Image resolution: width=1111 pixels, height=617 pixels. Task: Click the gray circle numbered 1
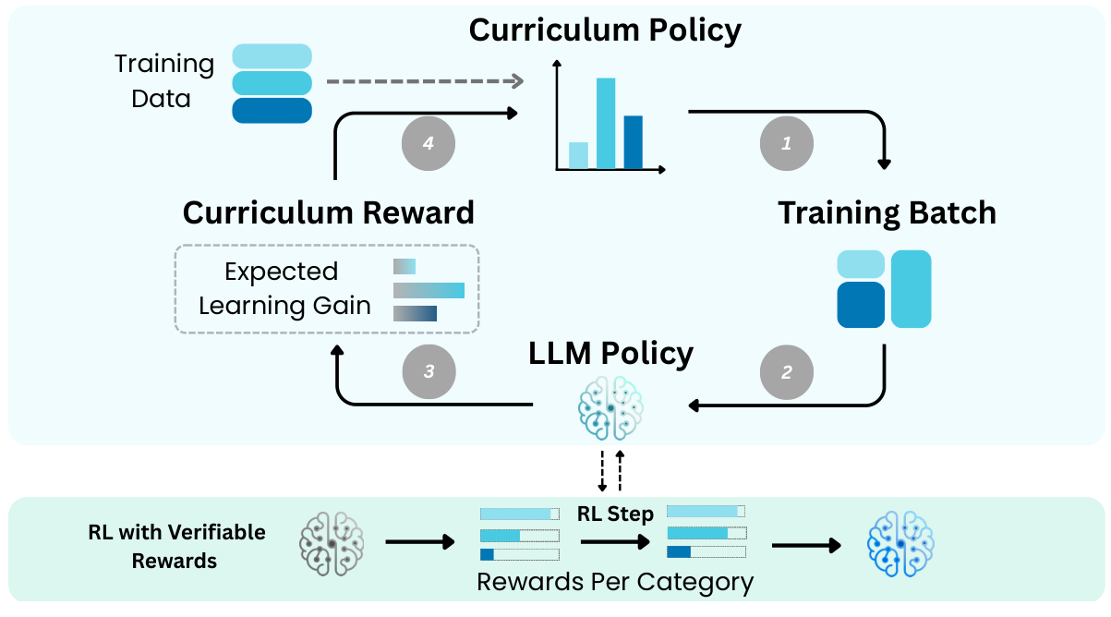786,143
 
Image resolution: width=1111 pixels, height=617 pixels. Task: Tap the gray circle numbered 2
786,372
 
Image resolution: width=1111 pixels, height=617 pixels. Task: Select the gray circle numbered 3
429,372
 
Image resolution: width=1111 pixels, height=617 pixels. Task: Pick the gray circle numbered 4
428,143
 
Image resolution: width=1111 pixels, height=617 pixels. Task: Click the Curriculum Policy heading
605,30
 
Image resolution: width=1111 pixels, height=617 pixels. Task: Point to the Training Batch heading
887,212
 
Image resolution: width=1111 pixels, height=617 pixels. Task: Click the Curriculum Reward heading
328,212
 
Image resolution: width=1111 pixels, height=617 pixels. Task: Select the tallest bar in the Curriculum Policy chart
606,123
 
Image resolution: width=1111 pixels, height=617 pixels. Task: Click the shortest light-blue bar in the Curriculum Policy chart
578,155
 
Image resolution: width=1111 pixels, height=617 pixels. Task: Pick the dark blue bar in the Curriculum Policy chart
633,142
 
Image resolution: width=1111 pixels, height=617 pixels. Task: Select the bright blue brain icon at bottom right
900,542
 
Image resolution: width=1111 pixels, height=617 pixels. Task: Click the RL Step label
615,514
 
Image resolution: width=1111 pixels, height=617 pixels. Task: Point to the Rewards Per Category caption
615,582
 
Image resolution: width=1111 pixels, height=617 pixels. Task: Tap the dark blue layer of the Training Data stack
272,111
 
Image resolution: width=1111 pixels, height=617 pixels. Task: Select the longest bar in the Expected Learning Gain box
429,291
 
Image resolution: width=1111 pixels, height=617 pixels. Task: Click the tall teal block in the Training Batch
911,288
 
